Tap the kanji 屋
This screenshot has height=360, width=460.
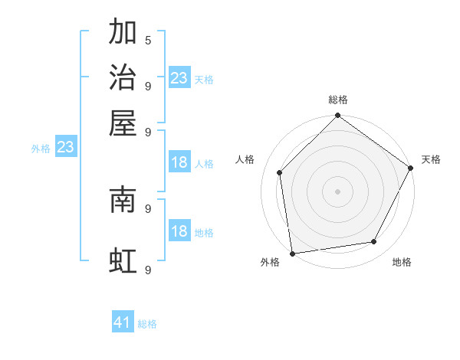tap(123, 123)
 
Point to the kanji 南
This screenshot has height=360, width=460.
tap(123, 199)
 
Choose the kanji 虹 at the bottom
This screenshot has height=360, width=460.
tap(123, 261)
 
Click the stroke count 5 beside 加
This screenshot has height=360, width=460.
tap(147, 39)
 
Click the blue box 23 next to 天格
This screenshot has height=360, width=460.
tap(179, 77)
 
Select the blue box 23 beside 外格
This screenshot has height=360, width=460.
tap(65, 148)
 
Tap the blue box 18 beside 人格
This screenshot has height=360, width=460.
tap(179, 162)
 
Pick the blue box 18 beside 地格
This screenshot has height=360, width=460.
tap(179, 231)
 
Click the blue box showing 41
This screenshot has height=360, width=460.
tap(123, 322)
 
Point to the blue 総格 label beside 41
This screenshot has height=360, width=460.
tap(147, 324)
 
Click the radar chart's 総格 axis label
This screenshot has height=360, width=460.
tap(338, 100)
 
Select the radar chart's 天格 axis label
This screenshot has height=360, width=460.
tap(431, 159)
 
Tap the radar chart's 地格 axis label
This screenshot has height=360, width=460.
tap(402, 262)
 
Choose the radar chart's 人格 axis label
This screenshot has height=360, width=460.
tap(245, 159)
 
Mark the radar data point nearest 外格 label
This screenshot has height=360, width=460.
tap(292, 253)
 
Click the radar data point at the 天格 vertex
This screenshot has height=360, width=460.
tap(411, 169)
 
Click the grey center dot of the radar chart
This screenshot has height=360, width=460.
tap(337, 191)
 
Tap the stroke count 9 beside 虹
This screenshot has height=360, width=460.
tap(147, 270)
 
